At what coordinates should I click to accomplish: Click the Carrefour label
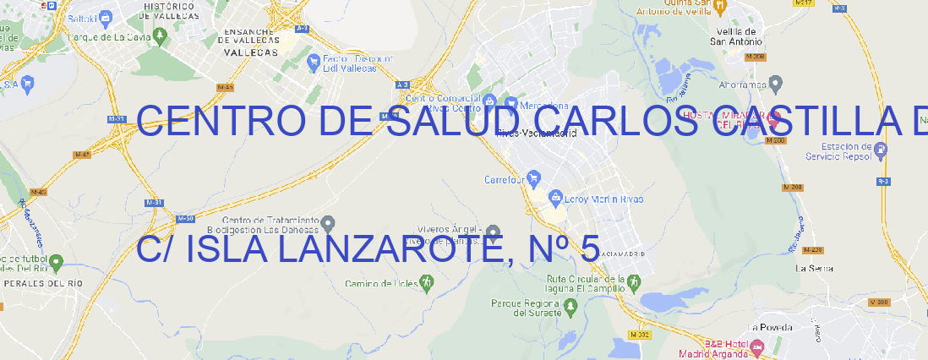point(505,179)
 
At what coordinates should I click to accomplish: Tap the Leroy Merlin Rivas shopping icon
point(555,199)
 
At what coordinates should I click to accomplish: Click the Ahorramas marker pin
point(777,83)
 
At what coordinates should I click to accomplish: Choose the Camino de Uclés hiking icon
point(427,282)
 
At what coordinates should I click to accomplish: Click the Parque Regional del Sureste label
point(526,308)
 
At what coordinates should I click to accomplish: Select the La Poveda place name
point(771,327)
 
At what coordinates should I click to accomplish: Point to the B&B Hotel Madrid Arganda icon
point(757,346)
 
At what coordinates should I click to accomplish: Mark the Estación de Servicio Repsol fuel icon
point(881,150)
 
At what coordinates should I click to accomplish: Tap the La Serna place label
point(815,268)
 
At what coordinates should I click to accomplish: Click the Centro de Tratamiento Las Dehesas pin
point(330,223)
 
